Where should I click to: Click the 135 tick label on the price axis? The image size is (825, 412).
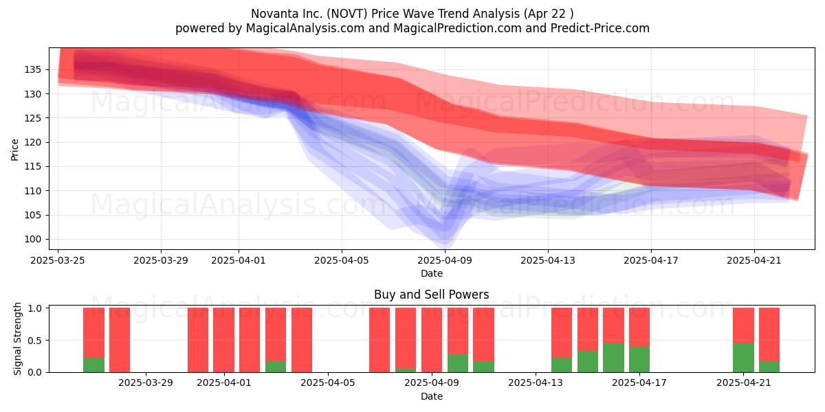pyautogui.click(x=33, y=69)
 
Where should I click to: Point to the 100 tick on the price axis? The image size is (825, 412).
pyautogui.click(x=33, y=239)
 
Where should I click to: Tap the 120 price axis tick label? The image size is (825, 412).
pyautogui.click(x=33, y=142)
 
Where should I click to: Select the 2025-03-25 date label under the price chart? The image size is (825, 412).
pyautogui.click(x=58, y=260)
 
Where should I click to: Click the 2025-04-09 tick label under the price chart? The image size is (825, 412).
pyautogui.click(x=445, y=260)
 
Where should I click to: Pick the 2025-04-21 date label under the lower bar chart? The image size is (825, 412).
pyautogui.click(x=744, y=382)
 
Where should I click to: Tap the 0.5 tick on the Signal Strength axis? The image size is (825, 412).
pyautogui.click(x=34, y=341)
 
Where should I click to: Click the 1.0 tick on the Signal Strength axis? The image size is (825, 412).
pyautogui.click(x=34, y=308)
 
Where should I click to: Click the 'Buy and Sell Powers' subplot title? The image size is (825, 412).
pyautogui.click(x=432, y=295)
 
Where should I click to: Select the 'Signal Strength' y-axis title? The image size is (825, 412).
pyautogui.click(x=17, y=339)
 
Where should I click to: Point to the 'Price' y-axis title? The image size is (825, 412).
pyautogui.click(x=14, y=150)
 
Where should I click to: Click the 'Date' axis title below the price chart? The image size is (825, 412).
pyautogui.click(x=432, y=273)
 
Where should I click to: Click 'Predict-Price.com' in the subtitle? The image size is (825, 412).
pyautogui.click(x=600, y=28)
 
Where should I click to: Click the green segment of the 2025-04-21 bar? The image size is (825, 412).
pyautogui.click(x=743, y=358)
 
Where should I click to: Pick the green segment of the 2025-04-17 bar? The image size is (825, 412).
pyautogui.click(x=639, y=359)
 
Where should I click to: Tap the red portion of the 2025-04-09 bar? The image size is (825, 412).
pyautogui.click(x=432, y=340)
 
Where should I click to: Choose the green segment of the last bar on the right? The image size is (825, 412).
pyautogui.click(x=769, y=367)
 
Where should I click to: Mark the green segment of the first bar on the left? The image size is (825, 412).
pyautogui.click(x=94, y=365)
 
